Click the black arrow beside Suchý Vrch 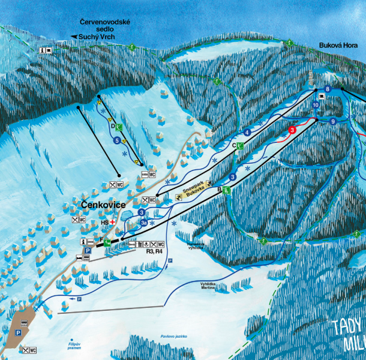point(74,37)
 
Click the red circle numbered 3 point(292,130)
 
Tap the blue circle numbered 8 point(328,89)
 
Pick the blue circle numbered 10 point(316,105)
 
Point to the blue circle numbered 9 point(332,122)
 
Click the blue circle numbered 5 point(116,140)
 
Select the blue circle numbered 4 point(247,132)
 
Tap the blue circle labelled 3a point(143,223)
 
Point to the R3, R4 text point(154,252)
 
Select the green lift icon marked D point(120,127)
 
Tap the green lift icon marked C point(240,146)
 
